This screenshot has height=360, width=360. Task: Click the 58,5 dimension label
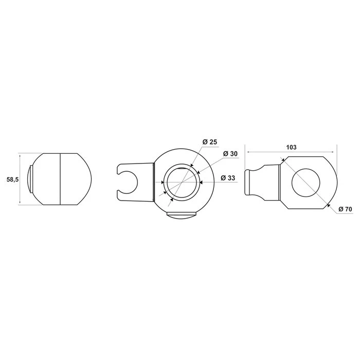click(12, 179)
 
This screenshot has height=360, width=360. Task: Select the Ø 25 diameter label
click(209, 142)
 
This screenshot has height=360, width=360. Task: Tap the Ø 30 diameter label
click(230, 153)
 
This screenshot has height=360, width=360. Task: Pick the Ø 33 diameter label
click(228, 178)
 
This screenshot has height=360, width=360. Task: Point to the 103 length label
click(291, 147)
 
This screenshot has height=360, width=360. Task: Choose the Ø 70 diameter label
click(345, 209)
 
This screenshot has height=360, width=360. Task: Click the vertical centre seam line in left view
click(60, 179)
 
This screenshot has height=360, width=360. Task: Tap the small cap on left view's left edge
click(30, 179)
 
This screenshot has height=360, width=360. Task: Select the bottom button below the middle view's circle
click(182, 215)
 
